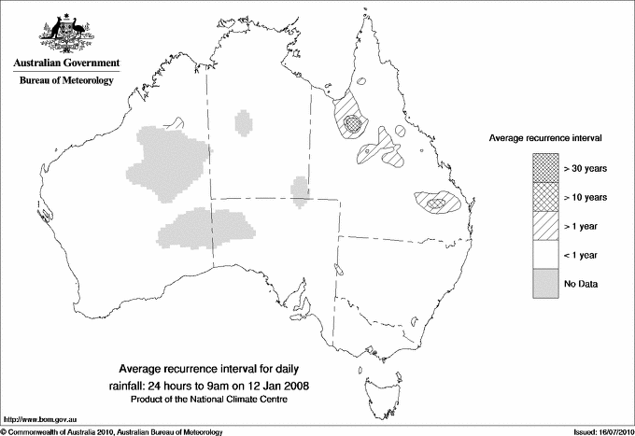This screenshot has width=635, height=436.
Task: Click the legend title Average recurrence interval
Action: click(544, 137)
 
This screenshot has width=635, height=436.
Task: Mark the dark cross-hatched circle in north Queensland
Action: click(352, 122)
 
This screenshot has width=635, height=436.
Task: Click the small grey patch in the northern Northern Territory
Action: click(244, 123)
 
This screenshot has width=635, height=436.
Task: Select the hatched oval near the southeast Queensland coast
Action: click(434, 201)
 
